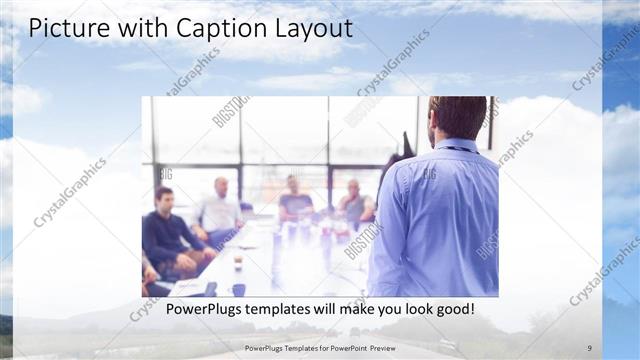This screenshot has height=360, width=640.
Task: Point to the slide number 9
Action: click(x=589, y=348)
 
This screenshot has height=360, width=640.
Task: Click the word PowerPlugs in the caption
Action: click(x=206, y=310)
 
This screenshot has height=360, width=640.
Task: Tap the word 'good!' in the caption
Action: click(x=452, y=310)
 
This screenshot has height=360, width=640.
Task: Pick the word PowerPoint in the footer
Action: click(x=342, y=348)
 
